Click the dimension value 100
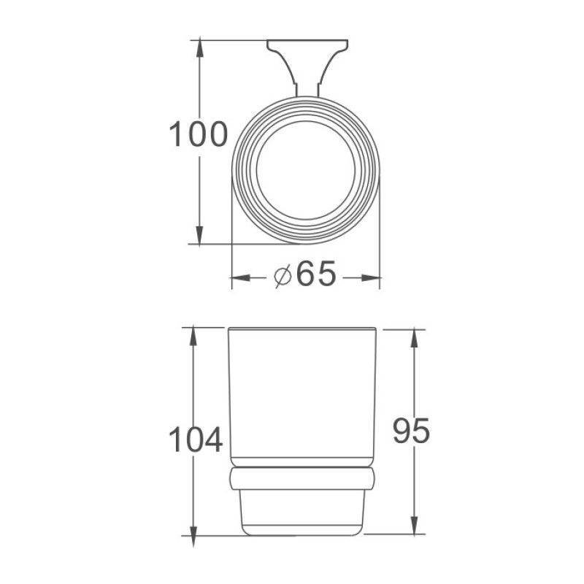tap(199, 135)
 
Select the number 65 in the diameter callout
tap(316, 275)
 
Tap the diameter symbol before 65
tap(283, 277)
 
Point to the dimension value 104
tap(195, 440)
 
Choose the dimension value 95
tap(412, 431)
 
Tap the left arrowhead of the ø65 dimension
tap(238, 277)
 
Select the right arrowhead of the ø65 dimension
tap(374, 277)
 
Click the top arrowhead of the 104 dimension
tap(193, 334)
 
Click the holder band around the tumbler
tap(302, 479)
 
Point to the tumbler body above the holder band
tap(302, 394)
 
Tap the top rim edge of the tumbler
tap(302, 328)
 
